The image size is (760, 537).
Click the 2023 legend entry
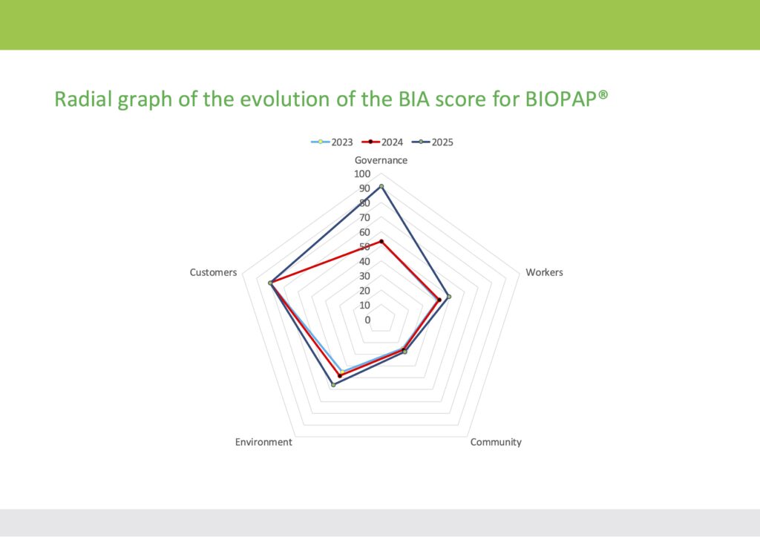332,142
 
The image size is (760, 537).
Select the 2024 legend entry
382,142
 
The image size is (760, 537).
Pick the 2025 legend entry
433,142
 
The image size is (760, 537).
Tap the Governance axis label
381,160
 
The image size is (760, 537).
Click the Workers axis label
544,272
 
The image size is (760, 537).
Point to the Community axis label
496,442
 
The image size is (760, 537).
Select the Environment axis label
263,442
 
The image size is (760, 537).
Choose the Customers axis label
213,272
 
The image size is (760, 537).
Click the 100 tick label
362,174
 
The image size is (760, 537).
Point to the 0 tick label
367,320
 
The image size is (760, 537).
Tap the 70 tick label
364,217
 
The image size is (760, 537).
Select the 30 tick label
364,276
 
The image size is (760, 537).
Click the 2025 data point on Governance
381,186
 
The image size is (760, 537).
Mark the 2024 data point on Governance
381,241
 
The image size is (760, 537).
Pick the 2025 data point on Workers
448,297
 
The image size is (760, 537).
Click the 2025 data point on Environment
333,385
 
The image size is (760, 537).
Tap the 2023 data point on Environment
342,372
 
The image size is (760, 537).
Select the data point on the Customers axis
270,283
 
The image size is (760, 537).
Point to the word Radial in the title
83,99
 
